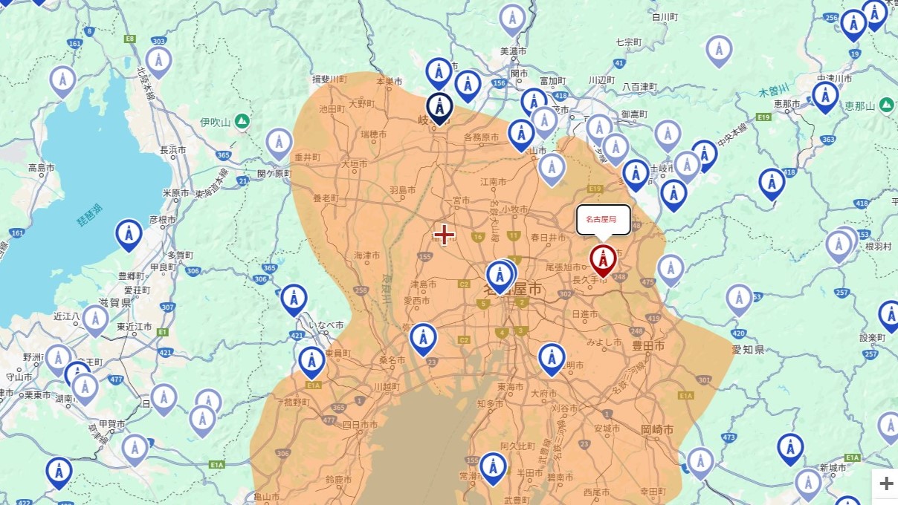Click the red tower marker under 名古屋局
603,259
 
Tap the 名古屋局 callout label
603,220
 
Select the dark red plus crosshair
444,235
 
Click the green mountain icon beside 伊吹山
242,121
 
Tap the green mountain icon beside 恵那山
886,105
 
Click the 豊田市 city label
649,346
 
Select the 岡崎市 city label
657,430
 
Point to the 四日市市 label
360,426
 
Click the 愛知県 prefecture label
748,349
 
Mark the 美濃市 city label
513,51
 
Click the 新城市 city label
833,468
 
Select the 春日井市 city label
549,238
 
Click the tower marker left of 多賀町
129,234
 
